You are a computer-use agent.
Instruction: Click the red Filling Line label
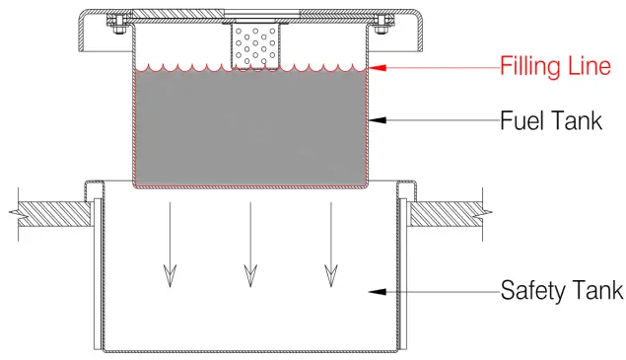point(555,68)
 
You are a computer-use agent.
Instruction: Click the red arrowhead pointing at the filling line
point(378,68)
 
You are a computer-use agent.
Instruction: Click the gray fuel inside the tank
point(250,128)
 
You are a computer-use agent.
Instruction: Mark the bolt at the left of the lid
point(115,22)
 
